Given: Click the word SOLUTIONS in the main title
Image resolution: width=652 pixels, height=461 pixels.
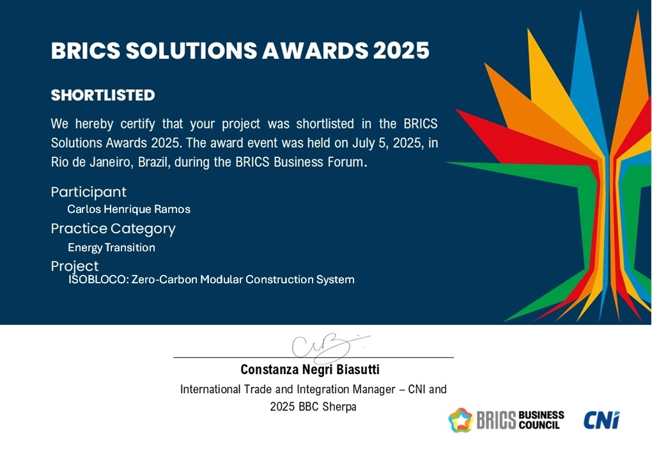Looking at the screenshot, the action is coord(191,51).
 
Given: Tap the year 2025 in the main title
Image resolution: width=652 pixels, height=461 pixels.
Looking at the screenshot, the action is coord(401,51).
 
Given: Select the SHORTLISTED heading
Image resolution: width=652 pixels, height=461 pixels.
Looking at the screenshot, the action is coord(103,95).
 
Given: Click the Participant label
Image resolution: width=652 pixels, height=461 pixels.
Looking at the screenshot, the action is coord(88,192).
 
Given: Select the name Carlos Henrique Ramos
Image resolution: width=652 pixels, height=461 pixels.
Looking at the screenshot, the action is coord(129,209).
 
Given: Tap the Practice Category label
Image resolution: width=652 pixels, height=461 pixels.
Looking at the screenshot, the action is coord(113,229).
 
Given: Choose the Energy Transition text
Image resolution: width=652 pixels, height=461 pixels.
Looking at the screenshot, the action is coord(111,247).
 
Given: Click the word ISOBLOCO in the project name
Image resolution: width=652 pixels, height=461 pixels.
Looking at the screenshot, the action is coord(97,279).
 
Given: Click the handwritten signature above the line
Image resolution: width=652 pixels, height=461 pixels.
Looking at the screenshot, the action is coord(329,348).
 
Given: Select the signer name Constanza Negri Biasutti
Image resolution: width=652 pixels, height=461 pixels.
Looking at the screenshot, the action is coord(310,370).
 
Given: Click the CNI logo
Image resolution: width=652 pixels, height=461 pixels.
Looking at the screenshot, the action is coord(602,420).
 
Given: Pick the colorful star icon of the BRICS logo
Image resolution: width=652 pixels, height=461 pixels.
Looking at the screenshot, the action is coord(461,420).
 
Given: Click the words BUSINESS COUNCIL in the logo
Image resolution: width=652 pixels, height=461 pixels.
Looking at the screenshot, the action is coord(541,420).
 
